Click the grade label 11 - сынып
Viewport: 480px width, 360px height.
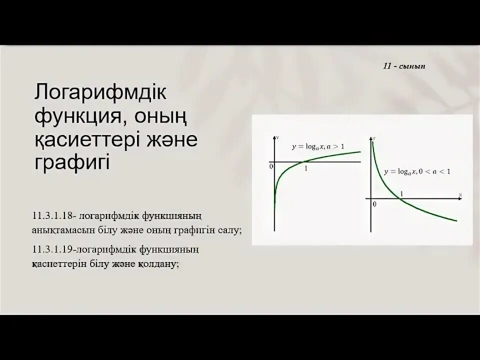(x=404, y=67)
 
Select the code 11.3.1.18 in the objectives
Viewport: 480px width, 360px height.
(x=52, y=215)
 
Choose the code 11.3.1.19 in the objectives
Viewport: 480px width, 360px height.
(x=52, y=249)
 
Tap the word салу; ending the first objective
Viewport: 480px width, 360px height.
(x=228, y=229)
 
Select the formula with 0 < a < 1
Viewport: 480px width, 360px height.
(x=417, y=171)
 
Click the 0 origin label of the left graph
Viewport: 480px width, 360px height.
(x=271, y=166)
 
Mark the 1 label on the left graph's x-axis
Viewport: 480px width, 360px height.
(x=305, y=168)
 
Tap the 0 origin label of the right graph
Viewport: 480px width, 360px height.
(x=373, y=204)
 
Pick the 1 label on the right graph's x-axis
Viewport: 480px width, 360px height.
(x=402, y=192)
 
